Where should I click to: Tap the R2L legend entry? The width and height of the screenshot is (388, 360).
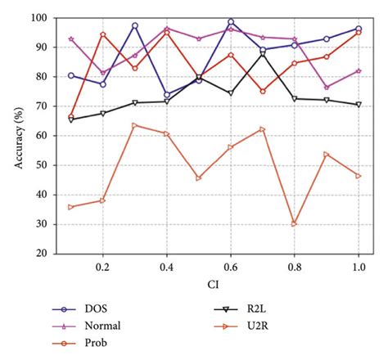click(x=264, y=308)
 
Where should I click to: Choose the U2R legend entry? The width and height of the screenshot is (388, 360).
click(x=264, y=325)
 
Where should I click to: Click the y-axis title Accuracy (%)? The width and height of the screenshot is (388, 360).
click(x=19, y=135)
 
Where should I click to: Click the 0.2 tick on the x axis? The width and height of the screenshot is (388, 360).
click(x=103, y=267)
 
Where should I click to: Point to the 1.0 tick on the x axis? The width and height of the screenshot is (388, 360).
click(x=358, y=267)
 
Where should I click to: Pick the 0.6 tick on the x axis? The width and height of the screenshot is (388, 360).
click(x=231, y=267)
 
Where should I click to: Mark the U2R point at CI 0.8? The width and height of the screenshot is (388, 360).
click(x=294, y=223)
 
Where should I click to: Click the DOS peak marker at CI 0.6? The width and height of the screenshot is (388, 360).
click(x=231, y=22)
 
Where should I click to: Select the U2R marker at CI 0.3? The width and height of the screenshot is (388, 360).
click(x=134, y=125)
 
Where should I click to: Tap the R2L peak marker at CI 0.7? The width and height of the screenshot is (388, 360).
click(x=262, y=53)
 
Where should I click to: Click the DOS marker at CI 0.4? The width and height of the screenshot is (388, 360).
click(x=167, y=94)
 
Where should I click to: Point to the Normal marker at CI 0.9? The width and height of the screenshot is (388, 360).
click(x=326, y=88)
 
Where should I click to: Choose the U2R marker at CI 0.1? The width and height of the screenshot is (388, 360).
click(x=71, y=207)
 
